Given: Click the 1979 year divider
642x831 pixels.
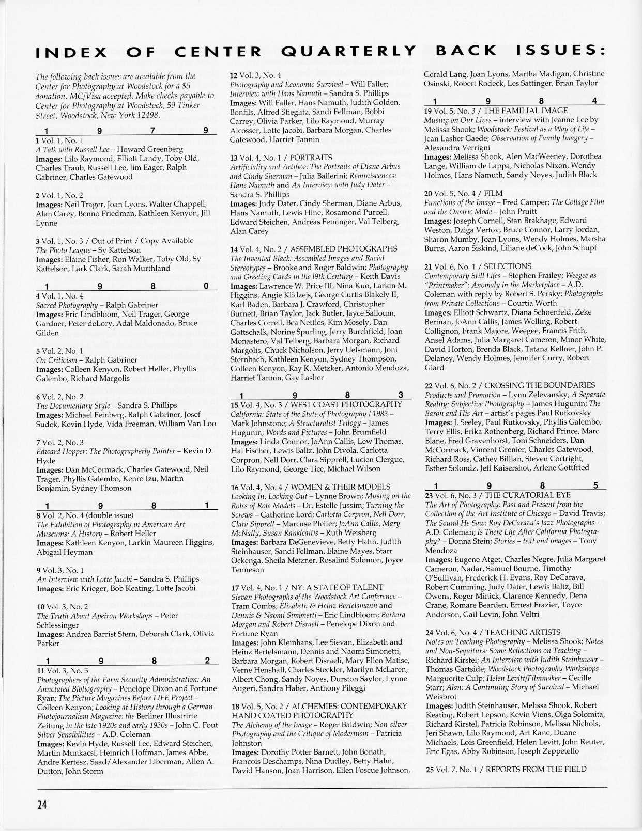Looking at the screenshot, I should click(126, 131).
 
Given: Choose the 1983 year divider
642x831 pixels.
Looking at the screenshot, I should click(320, 396).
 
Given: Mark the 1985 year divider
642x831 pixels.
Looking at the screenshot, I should click(515, 485).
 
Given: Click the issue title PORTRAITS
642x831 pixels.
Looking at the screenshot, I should click(311, 158).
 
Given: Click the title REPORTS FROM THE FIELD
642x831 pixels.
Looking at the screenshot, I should click(536, 769).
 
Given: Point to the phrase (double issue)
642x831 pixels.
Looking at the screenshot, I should click(109, 515).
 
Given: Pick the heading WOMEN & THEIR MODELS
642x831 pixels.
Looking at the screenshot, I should click(338, 487).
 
